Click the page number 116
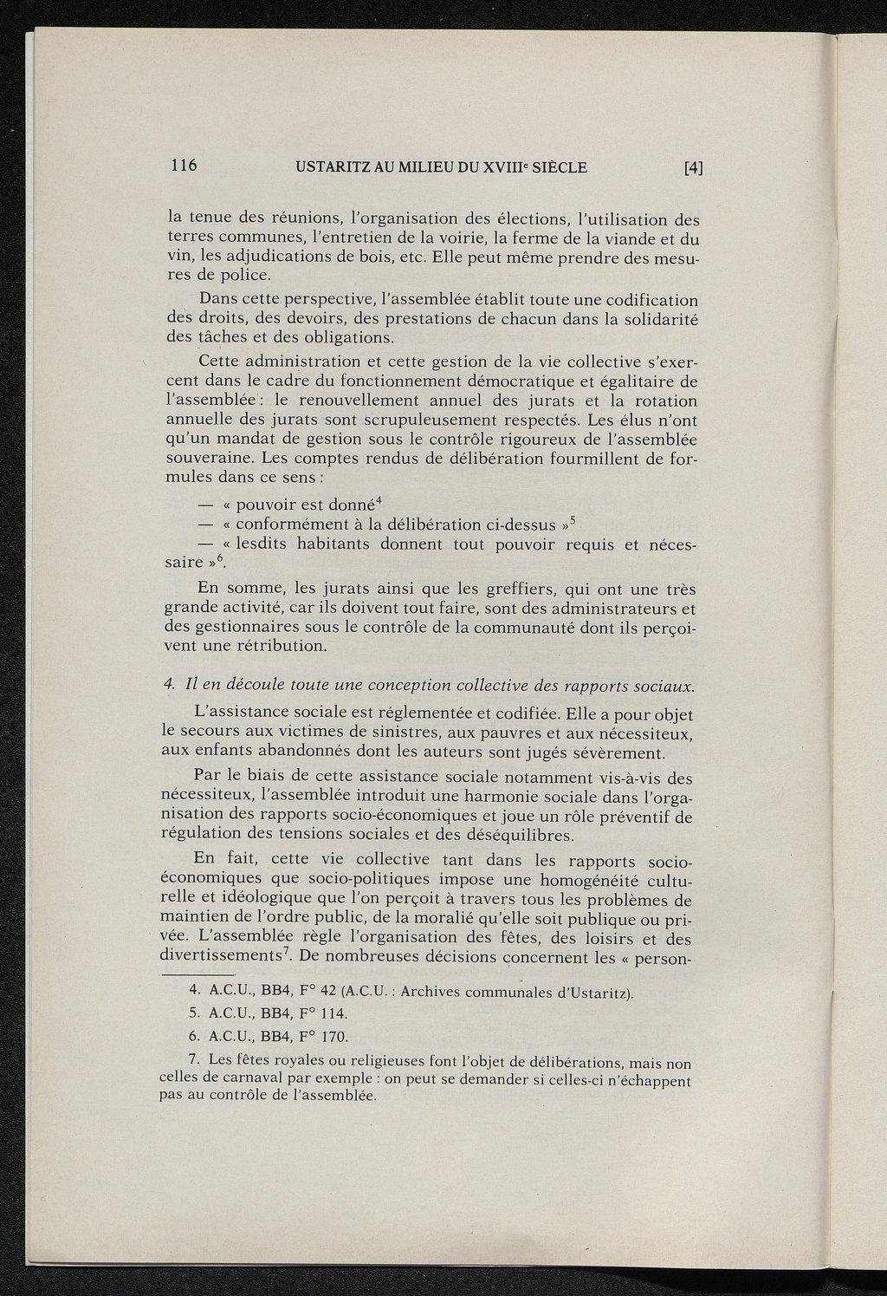point(184,166)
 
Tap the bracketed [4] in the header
point(693,168)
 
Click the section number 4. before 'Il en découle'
point(170,686)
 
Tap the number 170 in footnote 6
point(334,1037)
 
